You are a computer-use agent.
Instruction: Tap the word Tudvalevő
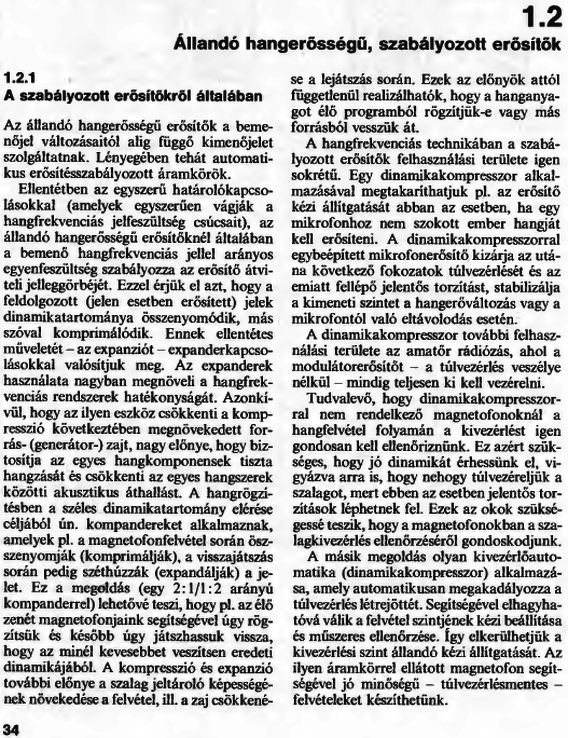336,398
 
